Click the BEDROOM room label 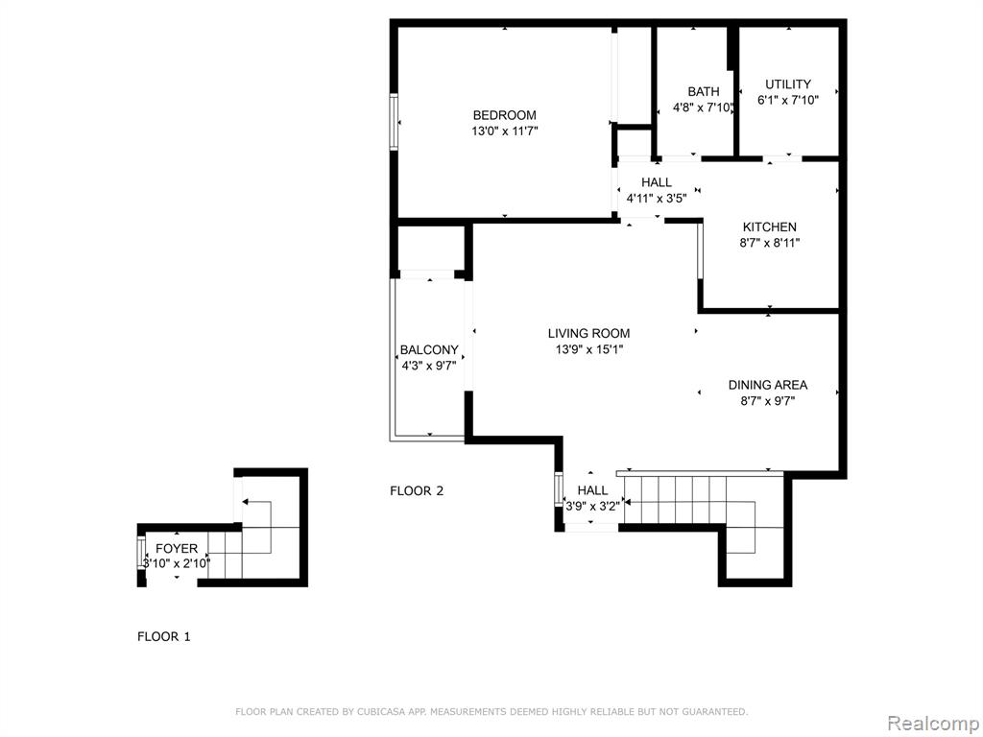click(505, 115)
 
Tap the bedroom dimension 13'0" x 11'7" click(505, 131)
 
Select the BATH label click(704, 91)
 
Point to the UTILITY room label click(788, 84)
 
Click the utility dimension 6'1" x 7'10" click(788, 100)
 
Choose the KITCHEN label click(770, 226)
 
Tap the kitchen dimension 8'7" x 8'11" click(770, 243)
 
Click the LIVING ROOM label click(589, 333)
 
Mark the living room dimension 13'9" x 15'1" click(589, 349)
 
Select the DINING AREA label click(768, 385)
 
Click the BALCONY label click(429, 349)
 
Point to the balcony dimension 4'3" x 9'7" click(429, 366)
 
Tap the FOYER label click(177, 549)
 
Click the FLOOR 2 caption click(417, 490)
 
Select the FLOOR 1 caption click(163, 637)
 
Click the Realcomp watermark click(932, 723)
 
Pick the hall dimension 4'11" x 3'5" click(657, 199)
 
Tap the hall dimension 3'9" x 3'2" click(593, 506)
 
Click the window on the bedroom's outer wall click(395, 122)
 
